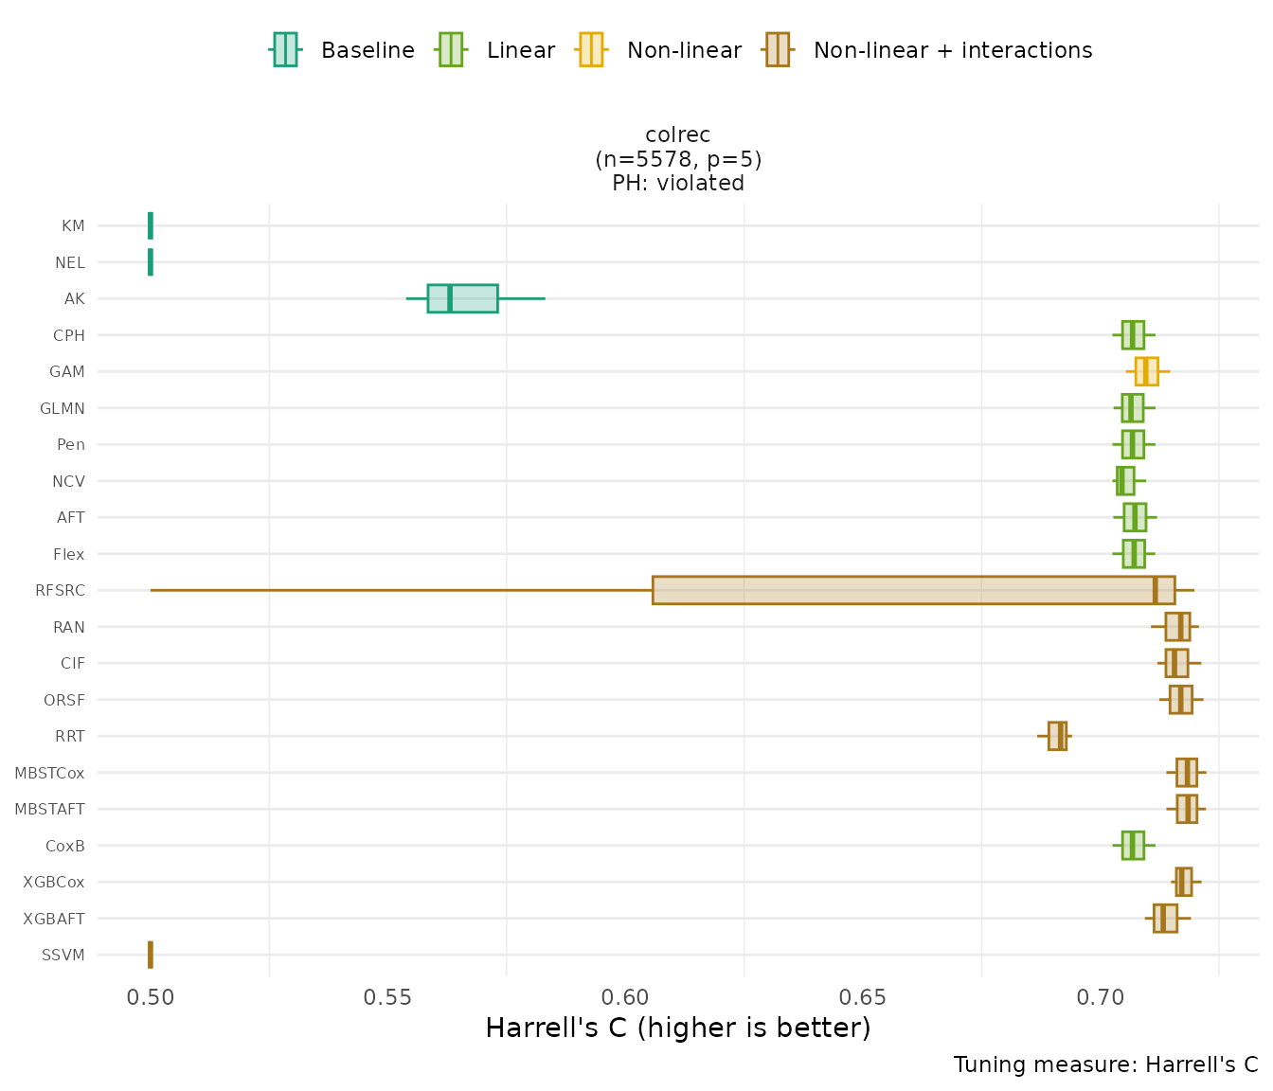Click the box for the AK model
pyautogui.click(x=462, y=298)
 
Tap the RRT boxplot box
pyautogui.click(x=1057, y=736)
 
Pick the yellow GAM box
pyautogui.click(x=1146, y=371)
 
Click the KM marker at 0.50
pyautogui.click(x=151, y=225)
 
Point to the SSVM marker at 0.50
pyautogui.click(x=151, y=955)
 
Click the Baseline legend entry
pyautogui.click(x=368, y=50)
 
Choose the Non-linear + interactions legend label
pyautogui.click(x=952, y=50)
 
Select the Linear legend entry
pyautogui.click(x=520, y=50)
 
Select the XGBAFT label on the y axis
pyautogui.click(x=54, y=919)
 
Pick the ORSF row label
pyautogui.click(x=64, y=700)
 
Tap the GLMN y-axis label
pyautogui.click(x=63, y=408)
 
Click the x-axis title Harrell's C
pyautogui.click(x=677, y=1028)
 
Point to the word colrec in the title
pyautogui.click(x=678, y=135)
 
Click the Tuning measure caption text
pyautogui.click(x=1105, y=1064)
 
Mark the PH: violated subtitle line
pyautogui.click(x=678, y=183)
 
